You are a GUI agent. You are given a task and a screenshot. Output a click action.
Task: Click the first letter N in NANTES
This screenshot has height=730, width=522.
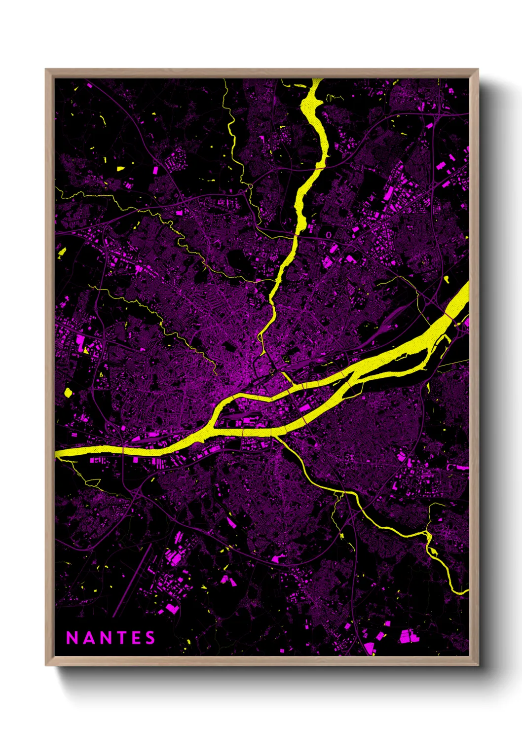pos(72,638)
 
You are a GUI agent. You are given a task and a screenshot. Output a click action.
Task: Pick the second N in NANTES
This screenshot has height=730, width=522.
pos(104,638)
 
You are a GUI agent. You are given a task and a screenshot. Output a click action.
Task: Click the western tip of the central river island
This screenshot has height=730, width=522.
pos(213,425)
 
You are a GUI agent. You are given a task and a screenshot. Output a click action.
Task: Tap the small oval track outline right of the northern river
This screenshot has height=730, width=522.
pos(329,235)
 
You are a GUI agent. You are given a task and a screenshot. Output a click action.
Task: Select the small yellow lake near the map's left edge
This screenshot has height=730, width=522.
pos(68,393)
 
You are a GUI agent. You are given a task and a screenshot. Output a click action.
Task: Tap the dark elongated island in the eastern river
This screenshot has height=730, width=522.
pos(395,367)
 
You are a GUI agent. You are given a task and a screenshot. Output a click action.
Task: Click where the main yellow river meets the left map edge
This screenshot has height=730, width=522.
pos(57,453)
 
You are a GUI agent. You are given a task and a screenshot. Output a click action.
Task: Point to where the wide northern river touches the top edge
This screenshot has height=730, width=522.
pos(317,80)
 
